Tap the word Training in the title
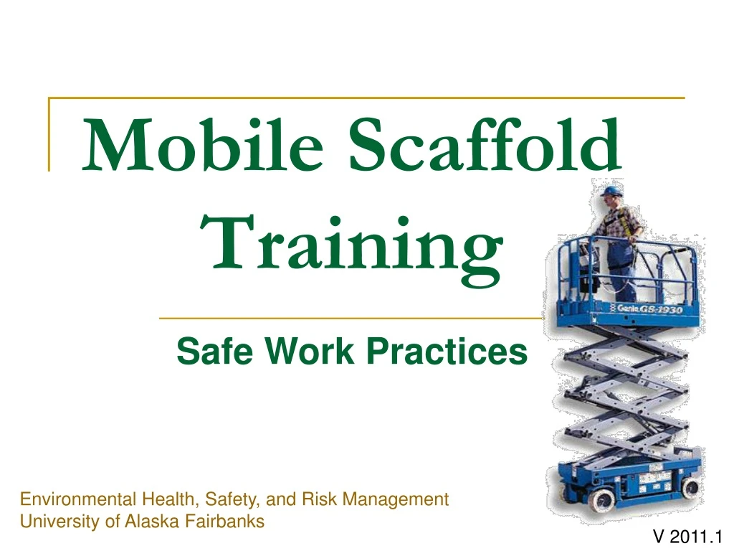356,244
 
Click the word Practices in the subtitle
447,352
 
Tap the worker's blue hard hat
611,192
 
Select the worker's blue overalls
621,265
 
